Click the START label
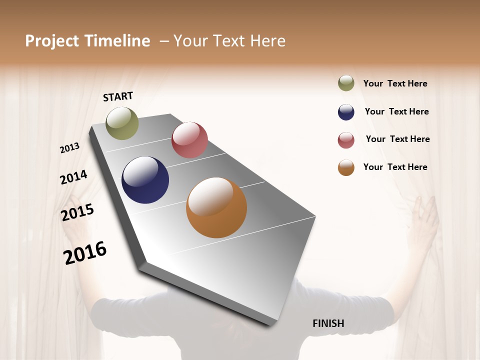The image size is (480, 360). tap(118, 96)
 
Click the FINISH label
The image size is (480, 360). tap(328, 323)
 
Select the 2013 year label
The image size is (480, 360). tap(70, 147)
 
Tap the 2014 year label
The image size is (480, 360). tap(73, 177)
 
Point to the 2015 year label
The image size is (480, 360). tap(77, 212)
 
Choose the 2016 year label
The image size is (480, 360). tap(85, 252)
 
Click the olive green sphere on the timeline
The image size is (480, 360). tap(122, 123)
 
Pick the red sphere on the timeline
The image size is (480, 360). tap(189, 140)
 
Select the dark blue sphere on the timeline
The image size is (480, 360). tap(145, 180)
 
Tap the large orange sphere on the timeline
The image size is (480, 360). tap(216, 207)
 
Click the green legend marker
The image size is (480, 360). tap(346, 83)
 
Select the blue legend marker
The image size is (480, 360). tap(346, 112)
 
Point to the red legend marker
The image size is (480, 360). tap(346, 140)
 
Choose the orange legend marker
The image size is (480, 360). tap(346, 167)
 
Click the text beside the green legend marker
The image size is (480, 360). tap(395, 84)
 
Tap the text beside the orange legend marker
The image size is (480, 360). tap(395, 167)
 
